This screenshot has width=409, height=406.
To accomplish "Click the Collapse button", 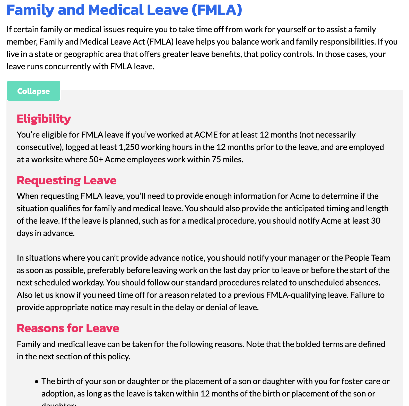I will pyautogui.click(x=33, y=91).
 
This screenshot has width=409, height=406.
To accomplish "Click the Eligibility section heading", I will pyautogui.click(x=44, y=119).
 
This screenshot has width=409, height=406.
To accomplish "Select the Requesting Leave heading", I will pyautogui.click(x=66, y=180).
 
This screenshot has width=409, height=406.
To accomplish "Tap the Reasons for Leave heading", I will pyautogui.click(x=68, y=328).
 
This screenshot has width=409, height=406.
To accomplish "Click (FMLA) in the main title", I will pyautogui.click(x=217, y=10).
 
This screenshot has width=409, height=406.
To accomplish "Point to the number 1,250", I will pyautogui.click(x=129, y=147).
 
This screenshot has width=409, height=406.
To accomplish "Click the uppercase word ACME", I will pyautogui.click(x=206, y=135).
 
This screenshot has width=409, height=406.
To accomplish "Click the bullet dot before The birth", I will pyautogui.click(x=37, y=382).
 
